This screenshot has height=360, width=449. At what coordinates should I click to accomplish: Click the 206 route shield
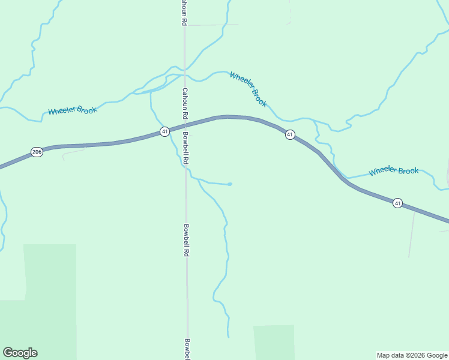37,152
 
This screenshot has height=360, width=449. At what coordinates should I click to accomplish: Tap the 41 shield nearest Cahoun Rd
164,131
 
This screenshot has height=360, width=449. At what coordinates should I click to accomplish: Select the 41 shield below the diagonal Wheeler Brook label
290,134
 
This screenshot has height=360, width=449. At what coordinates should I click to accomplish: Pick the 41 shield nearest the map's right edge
397,203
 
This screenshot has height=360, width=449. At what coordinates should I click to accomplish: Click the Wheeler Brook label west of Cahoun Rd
73,110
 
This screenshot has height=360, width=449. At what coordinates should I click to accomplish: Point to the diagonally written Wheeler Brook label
248,89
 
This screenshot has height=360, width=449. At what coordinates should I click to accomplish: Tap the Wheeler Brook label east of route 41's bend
394,171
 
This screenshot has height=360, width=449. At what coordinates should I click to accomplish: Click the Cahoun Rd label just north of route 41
185,103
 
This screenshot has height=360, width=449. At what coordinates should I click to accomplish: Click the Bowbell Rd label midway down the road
187,240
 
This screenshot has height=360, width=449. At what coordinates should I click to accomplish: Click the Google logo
20,353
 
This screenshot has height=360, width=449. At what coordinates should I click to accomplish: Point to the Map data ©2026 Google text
412,355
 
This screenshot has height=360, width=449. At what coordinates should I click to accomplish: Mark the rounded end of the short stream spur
230,184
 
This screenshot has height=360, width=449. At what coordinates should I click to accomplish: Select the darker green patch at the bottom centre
274,342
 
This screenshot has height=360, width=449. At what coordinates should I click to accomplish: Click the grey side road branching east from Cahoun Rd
210,25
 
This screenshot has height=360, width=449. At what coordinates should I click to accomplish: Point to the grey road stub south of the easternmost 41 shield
411,234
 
